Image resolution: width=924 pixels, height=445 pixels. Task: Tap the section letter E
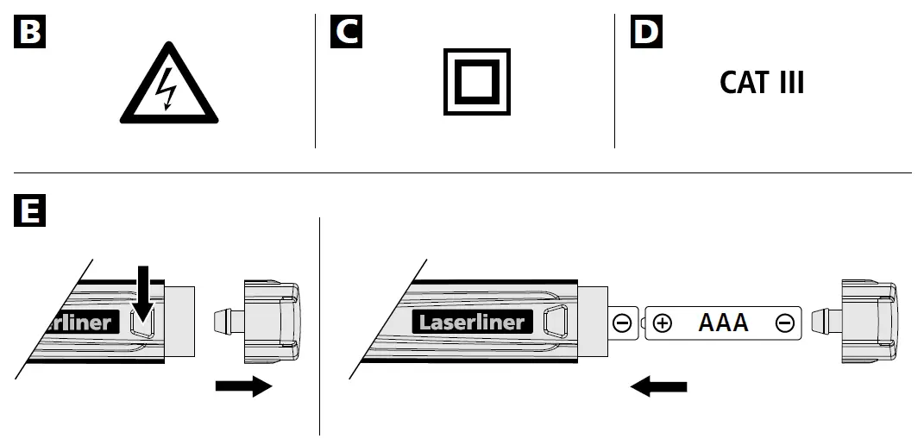tap(30, 210)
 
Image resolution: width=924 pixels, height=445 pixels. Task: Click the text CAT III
tap(762, 83)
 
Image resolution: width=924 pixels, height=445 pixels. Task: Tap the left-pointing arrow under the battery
tap(659, 386)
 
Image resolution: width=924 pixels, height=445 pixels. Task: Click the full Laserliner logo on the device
tap(471, 323)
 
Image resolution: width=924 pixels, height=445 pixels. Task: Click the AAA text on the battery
tap(723, 323)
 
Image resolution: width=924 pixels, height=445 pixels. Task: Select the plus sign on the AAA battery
tap(663, 323)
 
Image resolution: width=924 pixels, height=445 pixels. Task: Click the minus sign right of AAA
tap(784, 323)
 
